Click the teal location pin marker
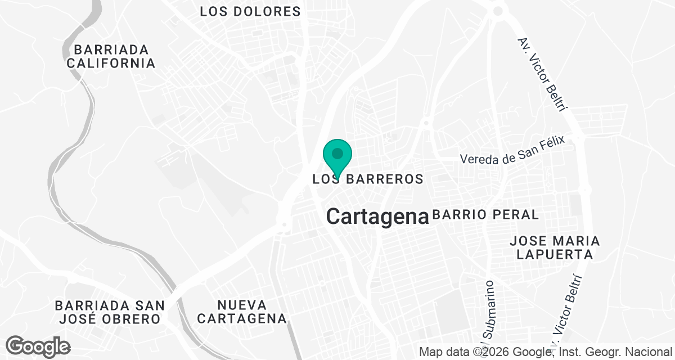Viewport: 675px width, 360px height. point(337,155)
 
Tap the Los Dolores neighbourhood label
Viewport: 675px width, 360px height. point(250,11)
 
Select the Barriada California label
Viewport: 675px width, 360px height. point(111,56)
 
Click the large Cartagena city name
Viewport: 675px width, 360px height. point(377,216)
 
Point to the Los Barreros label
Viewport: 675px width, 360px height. point(367,179)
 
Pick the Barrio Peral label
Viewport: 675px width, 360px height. point(485,214)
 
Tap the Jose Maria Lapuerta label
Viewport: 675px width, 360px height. point(555,247)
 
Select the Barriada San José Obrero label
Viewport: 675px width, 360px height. point(110,312)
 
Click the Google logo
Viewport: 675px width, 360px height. point(38,345)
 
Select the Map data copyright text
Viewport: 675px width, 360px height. point(546,352)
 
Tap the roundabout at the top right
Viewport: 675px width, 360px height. point(497,10)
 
